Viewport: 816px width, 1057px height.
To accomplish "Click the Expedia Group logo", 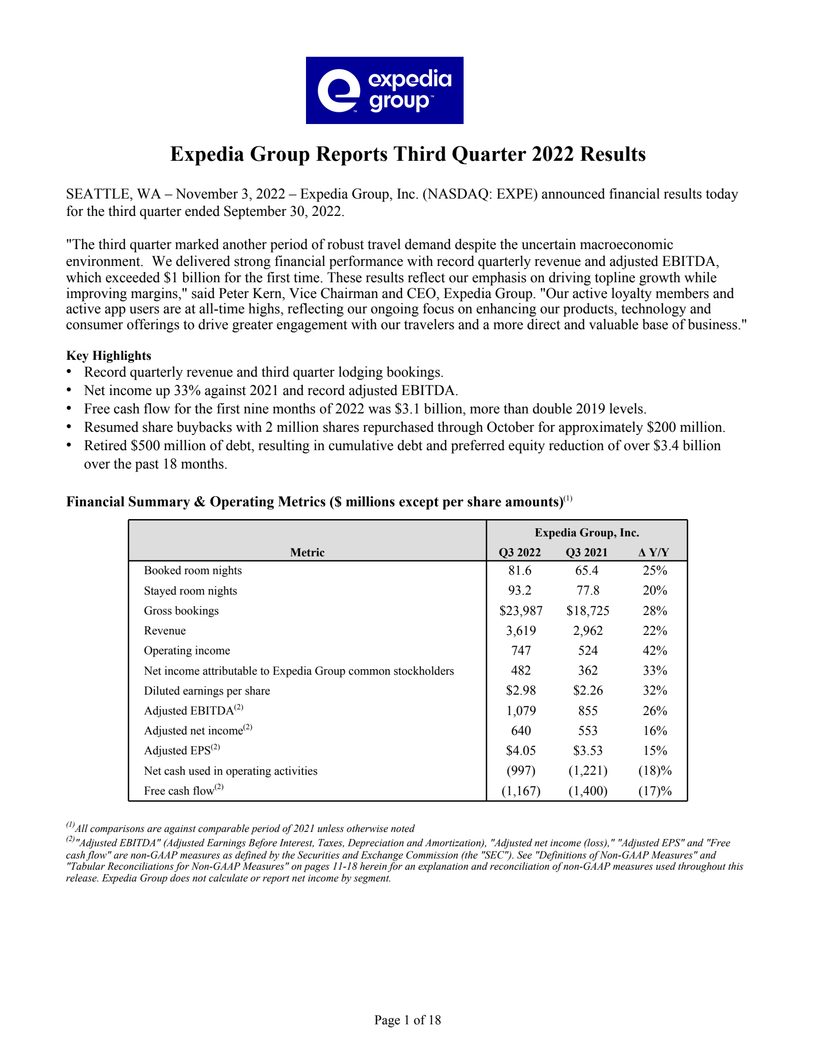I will point(385,90).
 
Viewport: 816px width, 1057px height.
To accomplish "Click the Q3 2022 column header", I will point(520,552).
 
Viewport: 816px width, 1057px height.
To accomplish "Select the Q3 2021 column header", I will point(586,552).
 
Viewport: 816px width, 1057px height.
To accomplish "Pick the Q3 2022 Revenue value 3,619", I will point(521,631).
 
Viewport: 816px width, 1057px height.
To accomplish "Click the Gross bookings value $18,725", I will point(588,611).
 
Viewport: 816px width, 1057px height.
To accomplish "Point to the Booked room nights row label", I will point(193,571).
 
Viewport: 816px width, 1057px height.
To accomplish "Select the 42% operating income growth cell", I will point(655,651).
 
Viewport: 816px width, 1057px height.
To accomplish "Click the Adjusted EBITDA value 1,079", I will point(521,711).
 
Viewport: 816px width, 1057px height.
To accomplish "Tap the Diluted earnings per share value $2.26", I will point(588,691).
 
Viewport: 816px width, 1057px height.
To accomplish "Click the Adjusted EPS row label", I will point(177,751).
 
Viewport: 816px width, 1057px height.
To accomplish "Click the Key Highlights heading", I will point(109,356).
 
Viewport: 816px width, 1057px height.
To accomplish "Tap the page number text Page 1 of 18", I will point(407,1020).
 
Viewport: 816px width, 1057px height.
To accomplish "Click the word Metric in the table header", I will point(307,552).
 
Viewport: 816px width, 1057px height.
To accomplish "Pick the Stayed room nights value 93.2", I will point(520,591).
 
